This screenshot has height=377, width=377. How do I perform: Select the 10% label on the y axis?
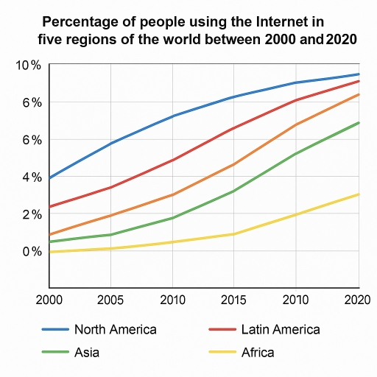tap(27, 66)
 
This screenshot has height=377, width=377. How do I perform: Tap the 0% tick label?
tap(30, 252)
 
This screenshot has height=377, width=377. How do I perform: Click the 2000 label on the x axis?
tap(48, 300)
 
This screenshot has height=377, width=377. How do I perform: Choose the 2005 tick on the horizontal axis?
tap(110, 300)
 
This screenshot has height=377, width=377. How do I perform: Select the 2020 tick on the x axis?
tap(357, 300)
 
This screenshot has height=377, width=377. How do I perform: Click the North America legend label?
tap(115, 329)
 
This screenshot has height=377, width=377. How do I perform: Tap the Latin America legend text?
tap(281, 329)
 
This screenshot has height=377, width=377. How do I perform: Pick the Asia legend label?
tap(87, 353)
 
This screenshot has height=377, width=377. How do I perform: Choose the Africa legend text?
tap(258, 353)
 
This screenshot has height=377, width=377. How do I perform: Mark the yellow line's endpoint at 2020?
tap(359, 194)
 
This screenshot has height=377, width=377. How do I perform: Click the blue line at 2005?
tap(110, 143)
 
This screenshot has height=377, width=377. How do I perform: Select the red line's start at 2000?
tap(49, 207)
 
